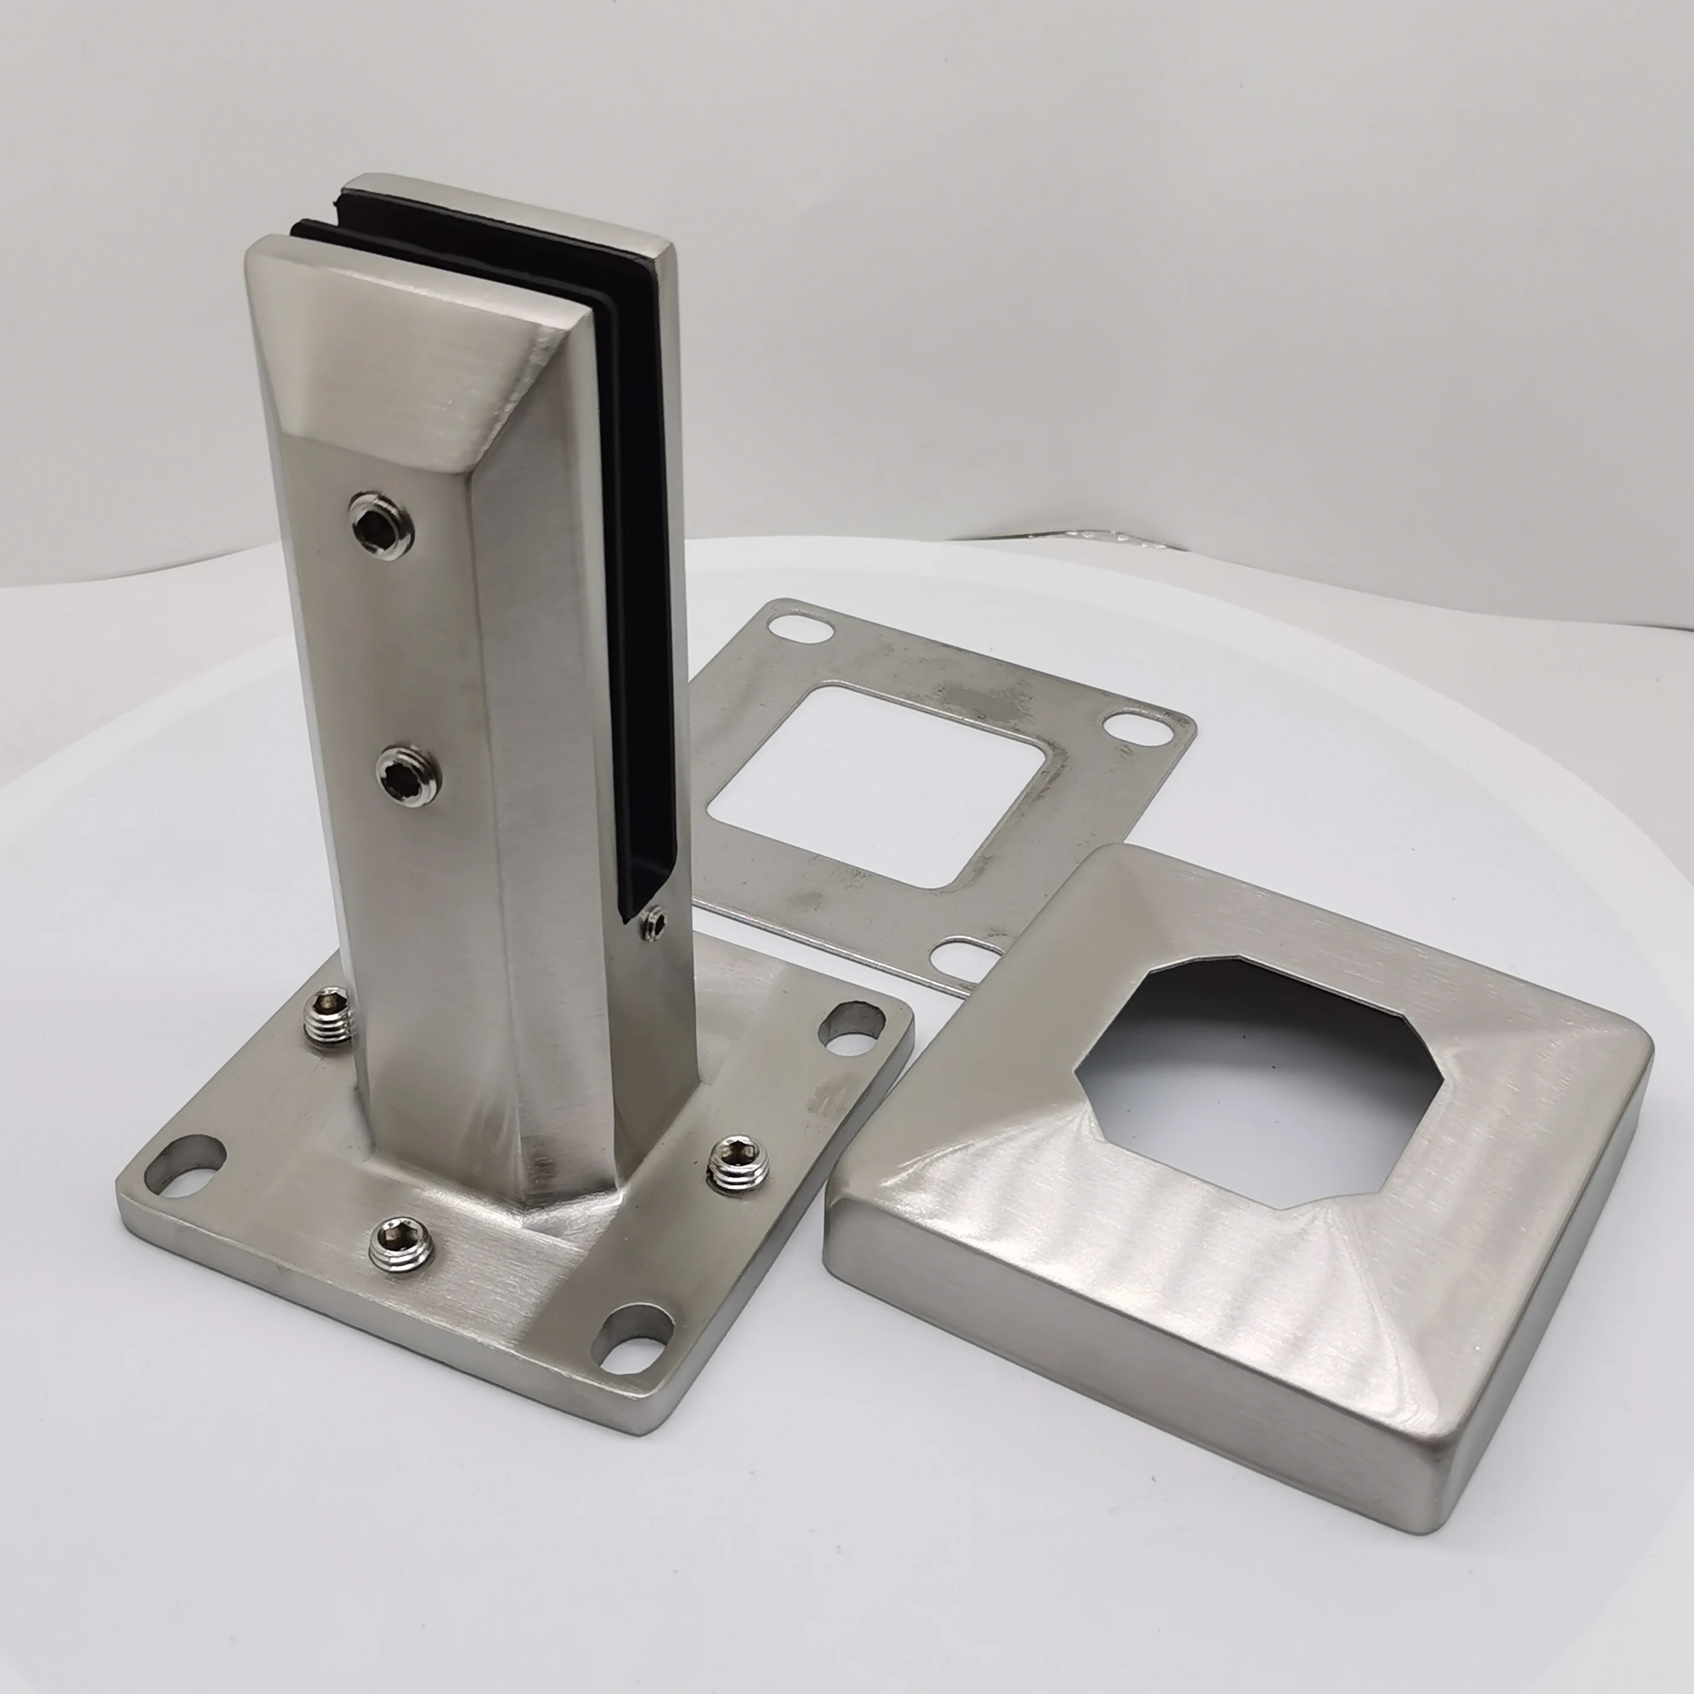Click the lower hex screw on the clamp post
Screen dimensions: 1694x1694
point(409,773)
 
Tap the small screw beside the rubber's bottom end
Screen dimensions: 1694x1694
point(653,923)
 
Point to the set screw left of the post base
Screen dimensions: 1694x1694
point(331,1017)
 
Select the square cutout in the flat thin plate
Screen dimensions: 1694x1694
point(877,784)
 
